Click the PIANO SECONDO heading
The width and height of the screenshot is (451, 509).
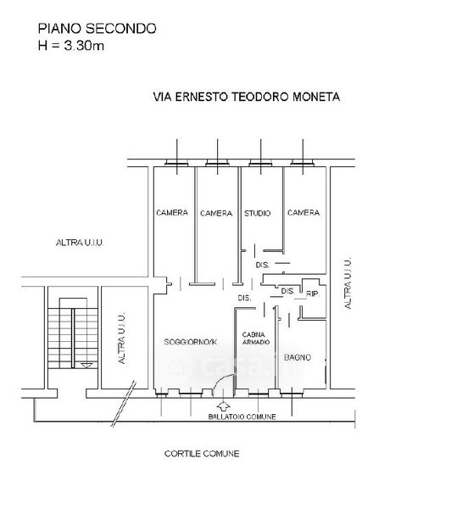pyautogui.click(x=97, y=29)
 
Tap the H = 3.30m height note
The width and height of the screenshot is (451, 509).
pyautogui.click(x=71, y=46)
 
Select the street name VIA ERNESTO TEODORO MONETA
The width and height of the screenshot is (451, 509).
pyautogui.click(x=247, y=97)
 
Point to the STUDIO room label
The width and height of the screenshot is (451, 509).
pyautogui.click(x=258, y=213)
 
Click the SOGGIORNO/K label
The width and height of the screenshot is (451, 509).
pyautogui.click(x=191, y=342)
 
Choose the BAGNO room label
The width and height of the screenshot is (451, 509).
pyautogui.click(x=298, y=357)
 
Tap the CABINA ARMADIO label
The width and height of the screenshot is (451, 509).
pyautogui.click(x=256, y=338)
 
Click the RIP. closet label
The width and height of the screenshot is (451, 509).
pyautogui.click(x=313, y=294)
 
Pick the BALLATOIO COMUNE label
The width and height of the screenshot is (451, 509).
pyautogui.click(x=242, y=417)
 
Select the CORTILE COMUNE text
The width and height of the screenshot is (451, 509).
pyautogui.click(x=202, y=454)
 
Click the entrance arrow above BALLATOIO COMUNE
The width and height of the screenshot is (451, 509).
pyautogui.click(x=223, y=406)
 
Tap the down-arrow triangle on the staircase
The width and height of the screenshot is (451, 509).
pyautogui.click(x=86, y=366)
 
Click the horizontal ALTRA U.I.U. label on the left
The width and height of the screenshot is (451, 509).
pyautogui.click(x=80, y=243)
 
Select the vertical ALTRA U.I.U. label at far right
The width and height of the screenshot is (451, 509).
pyautogui.click(x=348, y=283)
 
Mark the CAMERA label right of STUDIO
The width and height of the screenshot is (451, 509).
pyautogui.click(x=303, y=213)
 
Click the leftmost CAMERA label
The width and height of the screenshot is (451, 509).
pyautogui.click(x=172, y=213)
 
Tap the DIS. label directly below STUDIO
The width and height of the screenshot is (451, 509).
pyautogui.click(x=262, y=266)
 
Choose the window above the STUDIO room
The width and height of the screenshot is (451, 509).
pyautogui.click(x=260, y=163)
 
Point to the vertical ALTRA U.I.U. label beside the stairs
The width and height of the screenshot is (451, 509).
pyautogui.click(x=121, y=338)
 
